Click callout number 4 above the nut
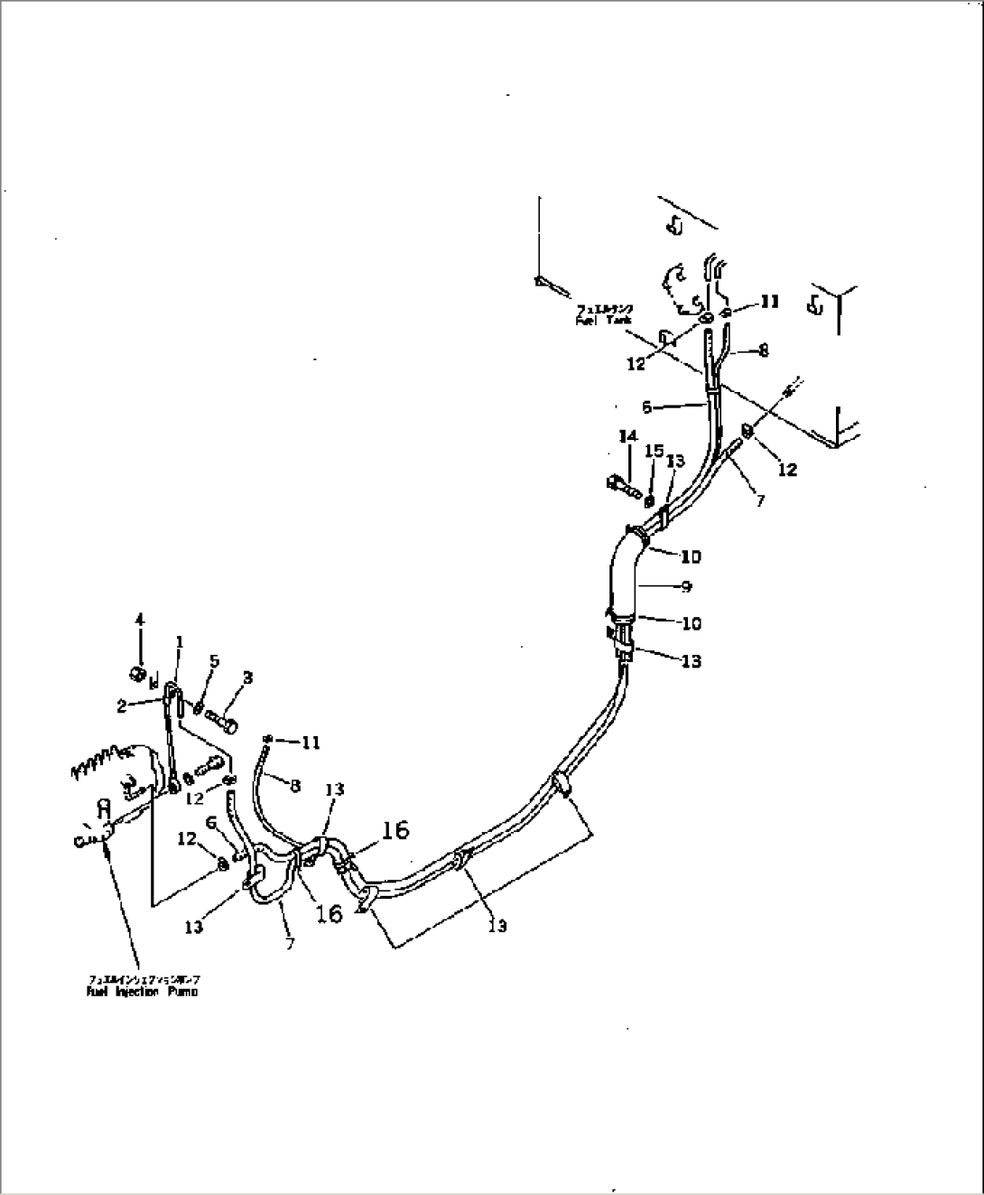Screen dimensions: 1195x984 pyautogui.click(x=140, y=620)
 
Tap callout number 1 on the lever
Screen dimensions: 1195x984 pyautogui.click(x=179, y=642)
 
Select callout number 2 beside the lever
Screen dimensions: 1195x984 pyautogui.click(x=122, y=707)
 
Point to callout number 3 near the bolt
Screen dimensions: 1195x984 pyautogui.click(x=247, y=677)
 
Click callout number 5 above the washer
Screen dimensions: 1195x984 pyautogui.click(x=213, y=661)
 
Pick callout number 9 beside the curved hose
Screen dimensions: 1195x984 pyautogui.click(x=686, y=587)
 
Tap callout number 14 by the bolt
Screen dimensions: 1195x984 pyautogui.click(x=628, y=436)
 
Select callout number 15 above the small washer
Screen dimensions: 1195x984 pyautogui.click(x=654, y=451)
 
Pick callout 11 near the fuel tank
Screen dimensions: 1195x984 pyautogui.click(x=769, y=302)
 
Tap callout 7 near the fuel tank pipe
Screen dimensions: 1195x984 pyautogui.click(x=760, y=500)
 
